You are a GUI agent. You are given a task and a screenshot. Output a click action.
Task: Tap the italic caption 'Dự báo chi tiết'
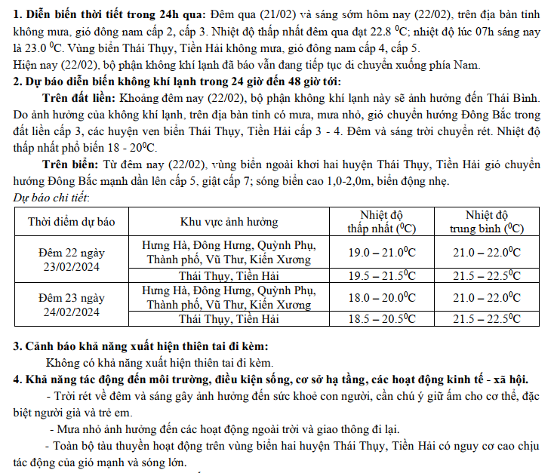(52, 198)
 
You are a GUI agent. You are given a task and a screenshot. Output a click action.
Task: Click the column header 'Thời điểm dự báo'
(72, 221)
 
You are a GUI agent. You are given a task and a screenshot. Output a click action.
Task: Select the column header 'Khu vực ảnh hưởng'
(229, 221)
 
